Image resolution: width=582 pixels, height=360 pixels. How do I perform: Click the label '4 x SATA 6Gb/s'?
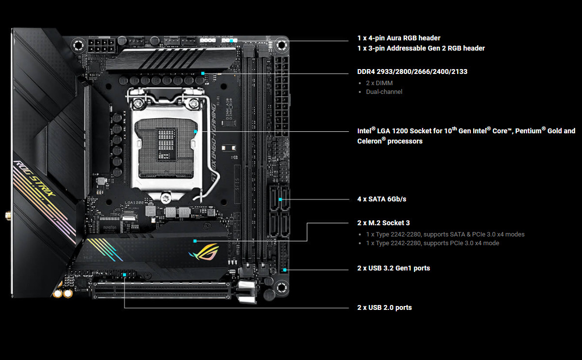(382, 199)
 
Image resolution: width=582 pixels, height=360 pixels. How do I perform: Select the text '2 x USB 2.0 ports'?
(384, 307)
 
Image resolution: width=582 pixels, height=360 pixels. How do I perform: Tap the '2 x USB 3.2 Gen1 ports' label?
(393, 268)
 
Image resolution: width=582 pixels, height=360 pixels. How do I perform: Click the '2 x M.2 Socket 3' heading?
(384, 223)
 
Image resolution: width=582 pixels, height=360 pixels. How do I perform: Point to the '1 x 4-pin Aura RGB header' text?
(399, 38)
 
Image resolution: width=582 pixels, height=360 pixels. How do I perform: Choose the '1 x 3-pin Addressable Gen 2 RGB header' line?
(421, 48)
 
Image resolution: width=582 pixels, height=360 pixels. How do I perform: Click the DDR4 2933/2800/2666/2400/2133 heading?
(412, 72)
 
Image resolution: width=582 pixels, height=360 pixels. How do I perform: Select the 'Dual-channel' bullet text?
(384, 92)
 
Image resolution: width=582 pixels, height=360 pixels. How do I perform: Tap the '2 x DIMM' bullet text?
(379, 83)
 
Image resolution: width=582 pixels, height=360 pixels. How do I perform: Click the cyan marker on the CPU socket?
(195, 131)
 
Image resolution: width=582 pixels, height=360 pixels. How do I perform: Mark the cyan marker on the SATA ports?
(280, 199)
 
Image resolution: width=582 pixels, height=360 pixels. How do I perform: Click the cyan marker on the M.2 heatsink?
(195, 241)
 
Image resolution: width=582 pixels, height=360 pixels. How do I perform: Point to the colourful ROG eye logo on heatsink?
(204, 252)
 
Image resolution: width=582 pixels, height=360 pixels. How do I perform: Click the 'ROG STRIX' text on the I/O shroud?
(34, 179)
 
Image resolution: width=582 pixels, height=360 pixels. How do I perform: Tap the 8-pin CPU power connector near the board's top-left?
(101, 46)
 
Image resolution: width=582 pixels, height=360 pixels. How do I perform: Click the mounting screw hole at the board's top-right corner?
(282, 46)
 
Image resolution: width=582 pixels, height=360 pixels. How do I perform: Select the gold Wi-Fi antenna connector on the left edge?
(8, 215)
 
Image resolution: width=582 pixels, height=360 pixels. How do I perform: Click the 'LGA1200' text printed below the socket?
(134, 203)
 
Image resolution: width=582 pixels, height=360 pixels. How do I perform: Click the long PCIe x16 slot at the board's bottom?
(162, 291)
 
